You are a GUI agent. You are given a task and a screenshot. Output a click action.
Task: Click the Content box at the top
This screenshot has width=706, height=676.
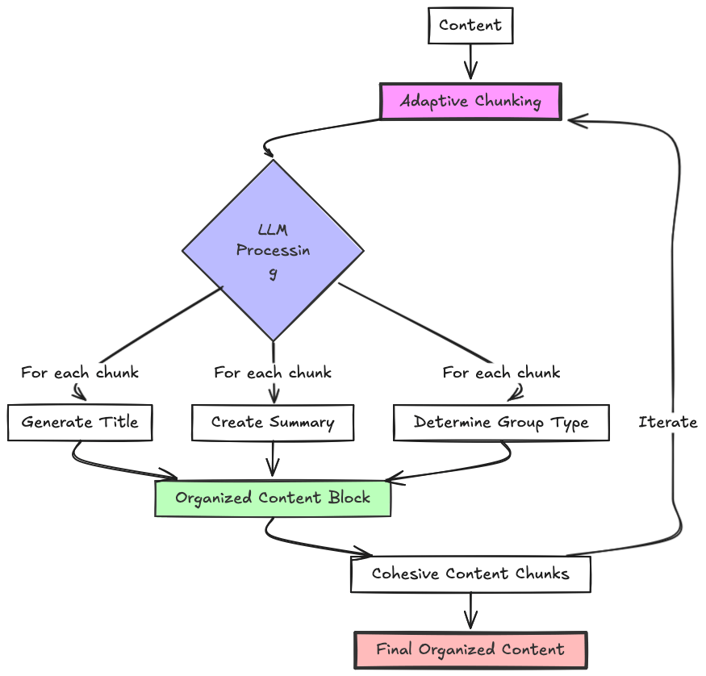coord(470,25)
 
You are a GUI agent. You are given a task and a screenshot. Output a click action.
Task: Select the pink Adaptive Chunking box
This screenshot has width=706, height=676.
coord(470,102)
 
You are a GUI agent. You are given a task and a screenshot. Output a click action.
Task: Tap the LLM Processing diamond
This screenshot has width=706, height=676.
coord(273,250)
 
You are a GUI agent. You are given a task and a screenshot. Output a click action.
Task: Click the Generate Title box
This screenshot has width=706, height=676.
coord(80,422)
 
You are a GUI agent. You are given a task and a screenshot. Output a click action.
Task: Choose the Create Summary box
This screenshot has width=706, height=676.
coord(273,422)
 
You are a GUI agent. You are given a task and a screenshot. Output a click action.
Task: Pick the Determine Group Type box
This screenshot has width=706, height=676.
coord(501,422)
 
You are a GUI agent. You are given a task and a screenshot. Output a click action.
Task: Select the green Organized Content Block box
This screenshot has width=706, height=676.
coord(273,498)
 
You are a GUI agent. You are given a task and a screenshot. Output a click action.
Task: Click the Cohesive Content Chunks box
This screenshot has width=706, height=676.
coord(470,574)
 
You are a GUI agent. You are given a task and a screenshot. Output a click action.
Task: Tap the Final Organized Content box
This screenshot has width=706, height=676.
coord(470,649)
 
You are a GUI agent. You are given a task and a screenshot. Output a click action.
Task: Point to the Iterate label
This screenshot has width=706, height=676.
coord(667,422)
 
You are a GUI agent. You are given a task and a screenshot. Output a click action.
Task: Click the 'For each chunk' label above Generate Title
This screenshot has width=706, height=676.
coord(80,373)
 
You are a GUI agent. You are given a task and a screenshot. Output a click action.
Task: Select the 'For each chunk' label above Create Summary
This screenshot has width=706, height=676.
coord(273,373)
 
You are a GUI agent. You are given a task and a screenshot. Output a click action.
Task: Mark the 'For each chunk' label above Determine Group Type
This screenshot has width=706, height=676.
coord(501,373)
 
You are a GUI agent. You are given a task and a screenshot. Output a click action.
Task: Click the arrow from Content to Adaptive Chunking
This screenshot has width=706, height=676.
coord(470,61)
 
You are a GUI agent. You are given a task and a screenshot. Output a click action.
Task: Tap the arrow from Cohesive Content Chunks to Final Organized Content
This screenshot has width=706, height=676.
coord(470,611)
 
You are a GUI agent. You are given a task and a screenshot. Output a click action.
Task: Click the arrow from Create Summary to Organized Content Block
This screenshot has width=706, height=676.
coord(273,459)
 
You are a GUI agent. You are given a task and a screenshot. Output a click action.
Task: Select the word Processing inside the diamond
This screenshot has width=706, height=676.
coord(273,250)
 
